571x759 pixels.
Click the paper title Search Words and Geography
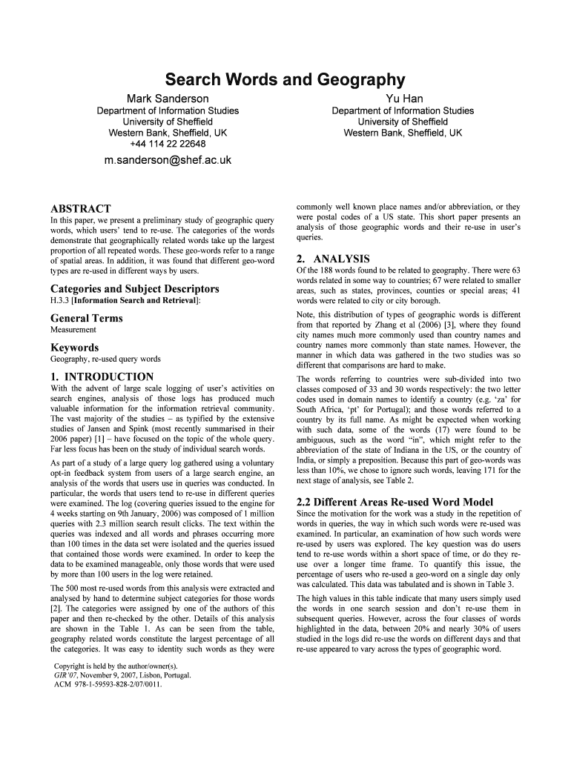point(285,79)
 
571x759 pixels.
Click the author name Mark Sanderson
point(168,99)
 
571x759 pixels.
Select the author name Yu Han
point(403,99)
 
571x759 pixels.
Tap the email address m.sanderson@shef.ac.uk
point(168,159)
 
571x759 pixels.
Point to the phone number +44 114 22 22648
point(168,144)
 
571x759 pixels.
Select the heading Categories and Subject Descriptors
point(134,288)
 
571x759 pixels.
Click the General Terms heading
point(87,318)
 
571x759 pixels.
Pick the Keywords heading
point(74,348)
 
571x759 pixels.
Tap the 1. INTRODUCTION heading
point(102,377)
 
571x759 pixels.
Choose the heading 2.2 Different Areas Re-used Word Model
point(395,502)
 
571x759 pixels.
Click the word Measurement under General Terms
point(73,330)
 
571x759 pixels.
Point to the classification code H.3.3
point(60,300)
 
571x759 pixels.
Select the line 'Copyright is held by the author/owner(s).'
point(116,666)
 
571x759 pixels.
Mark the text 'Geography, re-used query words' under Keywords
point(105,359)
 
